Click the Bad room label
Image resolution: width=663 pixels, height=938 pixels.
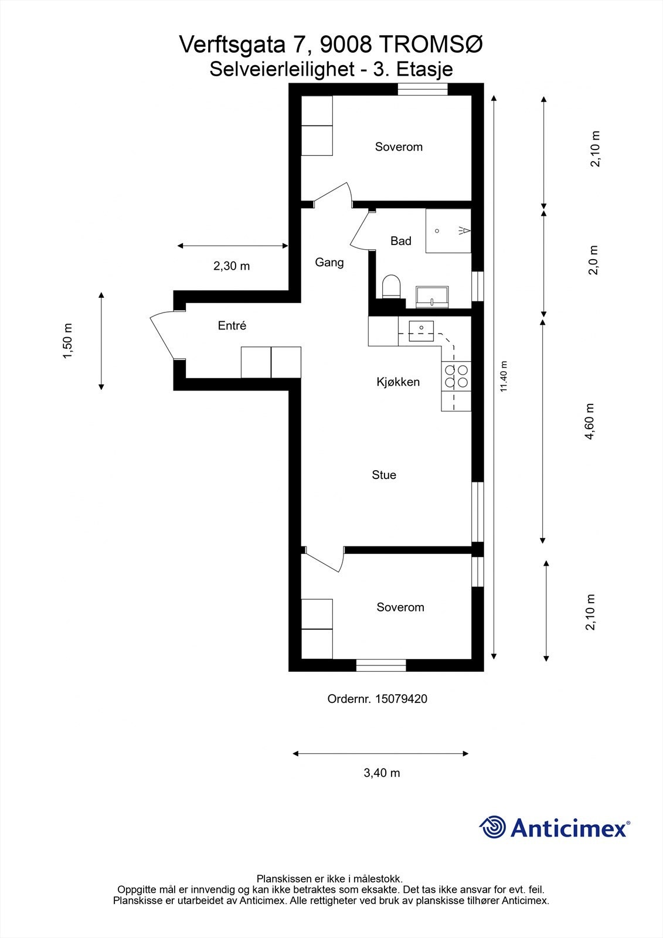click(401, 241)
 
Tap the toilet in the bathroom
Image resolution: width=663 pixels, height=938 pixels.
click(390, 287)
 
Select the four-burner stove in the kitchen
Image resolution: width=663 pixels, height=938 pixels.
click(456, 376)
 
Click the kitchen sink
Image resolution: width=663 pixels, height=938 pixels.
click(420, 331)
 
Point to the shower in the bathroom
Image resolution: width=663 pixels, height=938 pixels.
click(448, 231)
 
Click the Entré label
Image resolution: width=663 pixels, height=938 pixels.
click(232, 326)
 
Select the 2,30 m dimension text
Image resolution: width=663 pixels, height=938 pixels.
click(232, 266)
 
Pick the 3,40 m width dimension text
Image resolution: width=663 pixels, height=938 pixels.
click(382, 773)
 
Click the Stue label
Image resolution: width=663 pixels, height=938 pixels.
click(384, 475)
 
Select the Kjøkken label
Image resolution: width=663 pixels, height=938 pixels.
click(398, 382)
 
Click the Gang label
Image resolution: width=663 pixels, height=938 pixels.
click(329, 263)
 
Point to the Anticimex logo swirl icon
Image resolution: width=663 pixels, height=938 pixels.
click(492, 827)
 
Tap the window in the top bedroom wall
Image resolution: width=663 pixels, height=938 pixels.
click(423, 89)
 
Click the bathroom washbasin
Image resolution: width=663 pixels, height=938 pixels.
click(432, 297)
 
